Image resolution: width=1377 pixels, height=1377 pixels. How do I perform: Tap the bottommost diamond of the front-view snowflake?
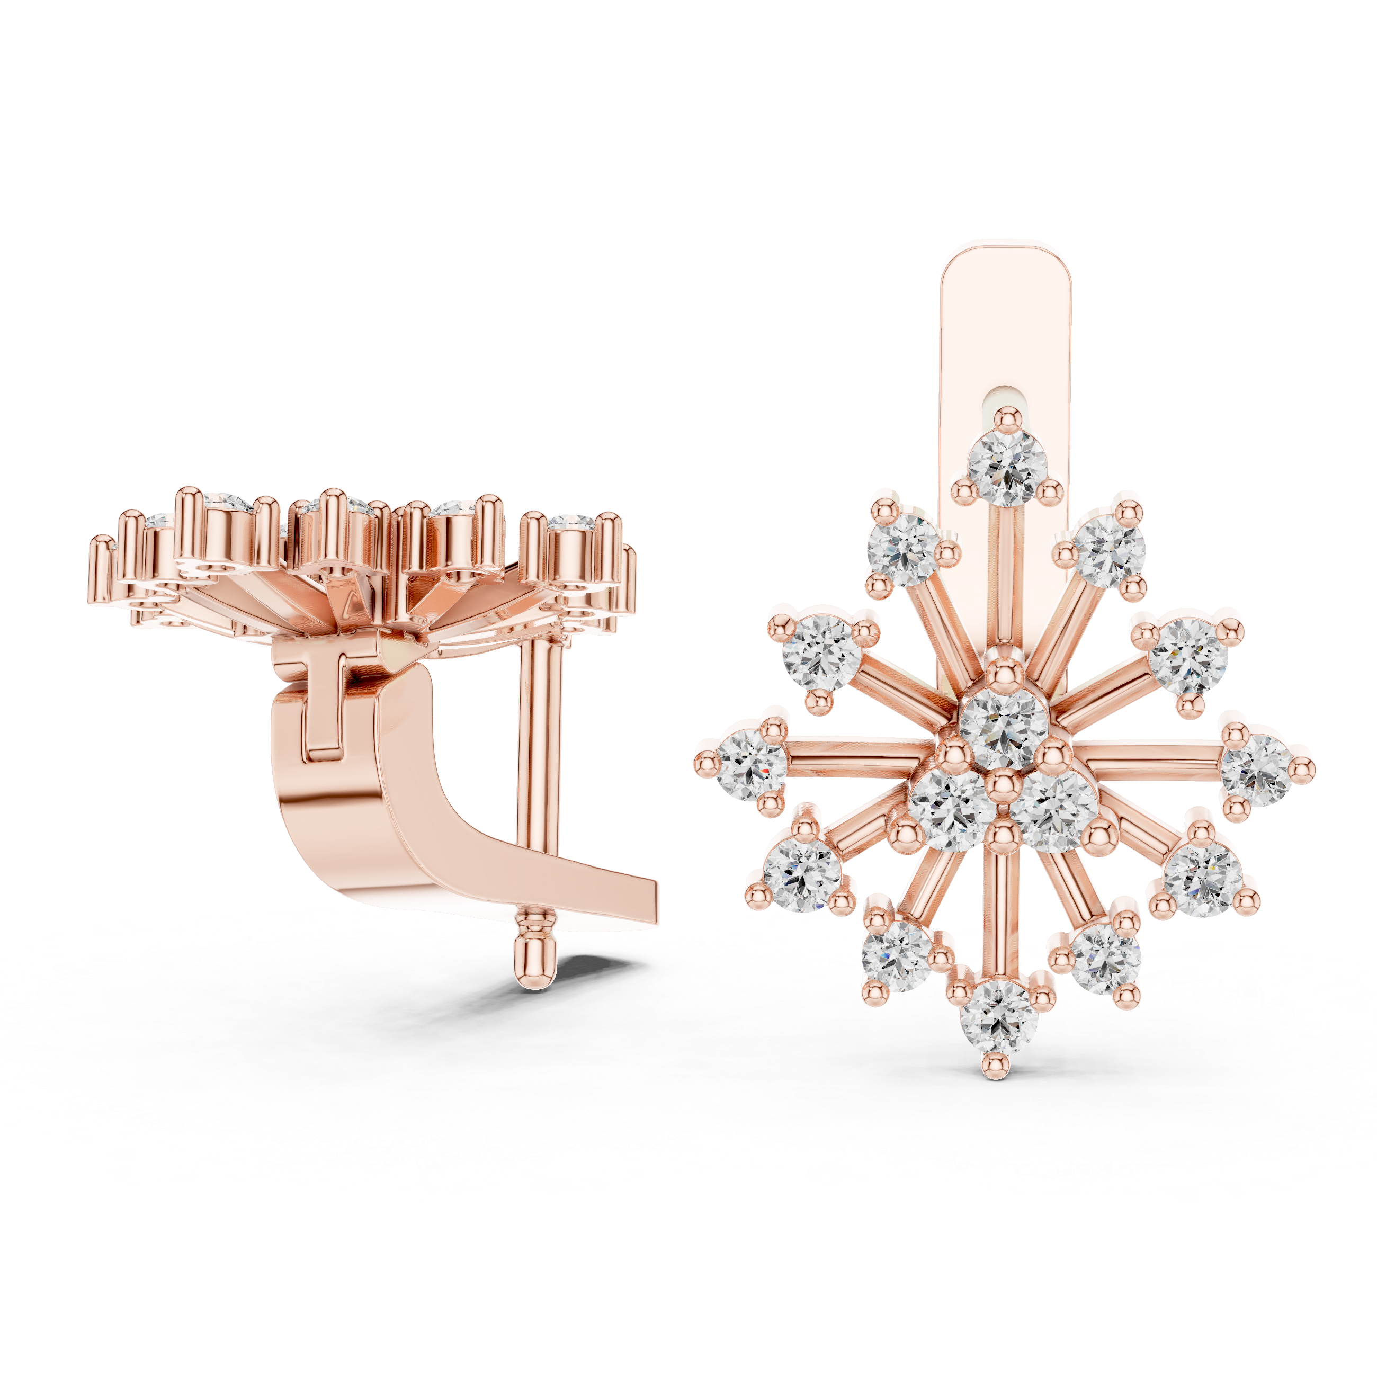[998, 1014]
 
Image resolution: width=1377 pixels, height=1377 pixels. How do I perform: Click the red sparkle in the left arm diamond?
[764, 771]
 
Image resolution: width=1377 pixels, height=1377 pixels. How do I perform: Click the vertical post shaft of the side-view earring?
[542, 741]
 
